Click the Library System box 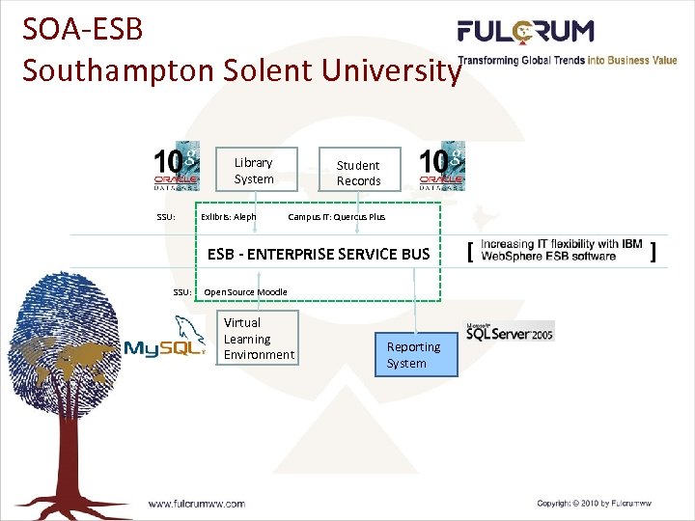point(254,171)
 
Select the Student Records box point(358,173)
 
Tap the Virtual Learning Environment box point(258,339)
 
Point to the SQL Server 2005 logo point(510,331)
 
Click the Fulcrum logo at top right point(525,32)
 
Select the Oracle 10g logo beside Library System point(177,169)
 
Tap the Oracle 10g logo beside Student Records point(441,169)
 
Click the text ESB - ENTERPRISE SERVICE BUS point(319,254)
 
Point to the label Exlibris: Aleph point(229,217)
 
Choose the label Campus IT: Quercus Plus point(336,217)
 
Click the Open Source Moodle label point(245,291)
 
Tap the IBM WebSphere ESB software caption point(561,250)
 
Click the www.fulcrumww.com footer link point(196,503)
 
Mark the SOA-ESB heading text point(83,29)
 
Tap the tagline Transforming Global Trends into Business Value point(567,61)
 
